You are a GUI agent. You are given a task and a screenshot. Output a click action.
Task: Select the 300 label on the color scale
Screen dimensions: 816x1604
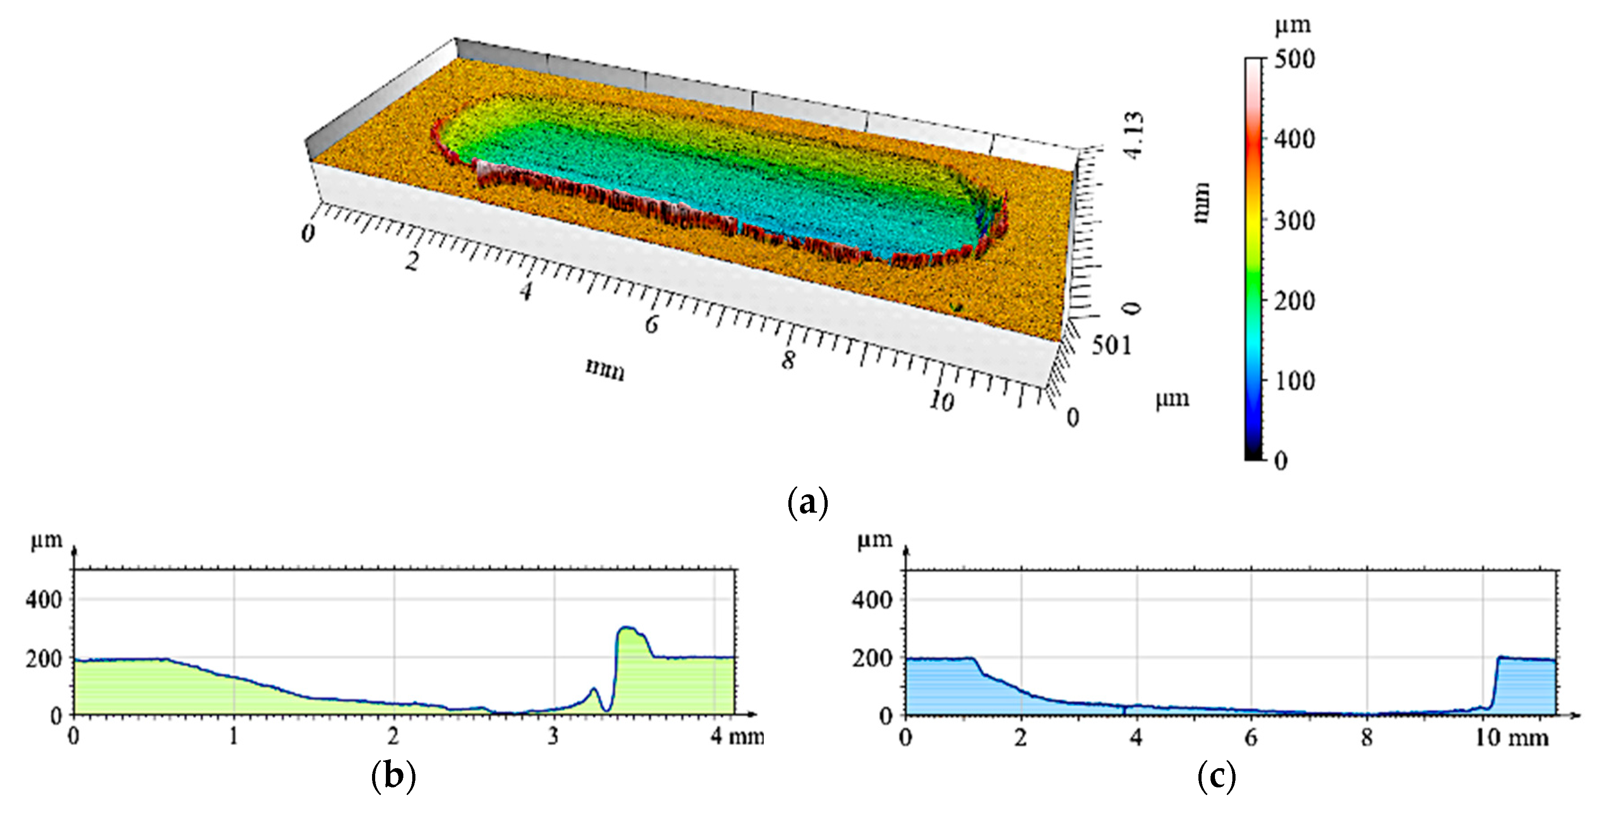pos(1294,221)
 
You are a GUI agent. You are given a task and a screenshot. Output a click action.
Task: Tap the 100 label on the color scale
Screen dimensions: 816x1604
pos(1294,381)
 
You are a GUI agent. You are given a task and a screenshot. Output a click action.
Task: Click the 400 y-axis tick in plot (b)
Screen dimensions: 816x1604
pos(43,600)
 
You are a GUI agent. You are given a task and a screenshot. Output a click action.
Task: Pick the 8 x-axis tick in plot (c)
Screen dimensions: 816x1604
pos(1366,738)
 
